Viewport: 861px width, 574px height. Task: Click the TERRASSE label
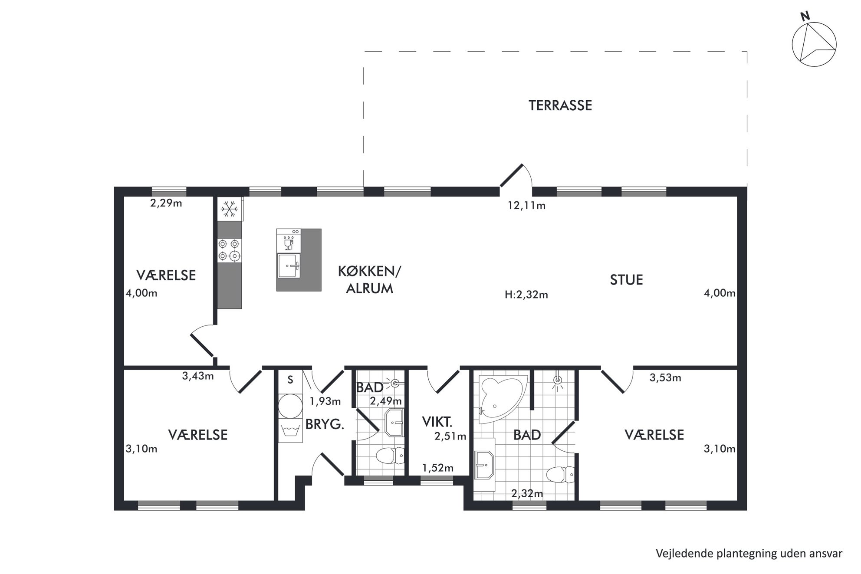pyautogui.click(x=560, y=105)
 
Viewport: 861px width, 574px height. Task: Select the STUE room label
pyautogui.click(x=626, y=280)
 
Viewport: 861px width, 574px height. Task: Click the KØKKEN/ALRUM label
pyautogui.click(x=370, y=280)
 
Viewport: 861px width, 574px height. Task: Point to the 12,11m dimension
pyautogui.click(x=526, y=205)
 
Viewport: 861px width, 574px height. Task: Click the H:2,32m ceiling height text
pyautogui.click(x=526, y=295)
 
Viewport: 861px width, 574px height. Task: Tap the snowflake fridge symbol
pyautogui.click(x=230, y=209)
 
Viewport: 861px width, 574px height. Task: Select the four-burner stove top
pyautogui.click(x=230, y=251)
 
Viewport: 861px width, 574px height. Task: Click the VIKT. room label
pyautogui.click(x=437, y=421)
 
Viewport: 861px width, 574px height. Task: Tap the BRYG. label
pyautogui.click(x=325, y=424)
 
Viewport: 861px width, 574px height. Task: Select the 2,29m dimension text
pyautogui.click(x=166, y=203)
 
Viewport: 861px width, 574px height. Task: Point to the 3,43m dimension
pyautogui.click(x=198, y=376)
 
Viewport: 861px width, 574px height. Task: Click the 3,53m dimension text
pyautogui.click(x=665, y=378)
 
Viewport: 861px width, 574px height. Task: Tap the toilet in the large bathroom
pyautogui.click(x=560, y=475)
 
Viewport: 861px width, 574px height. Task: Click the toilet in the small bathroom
pyautogui.click(x=389, y=456)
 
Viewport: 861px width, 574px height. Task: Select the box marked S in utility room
pyautogui.click(x=290, y=380)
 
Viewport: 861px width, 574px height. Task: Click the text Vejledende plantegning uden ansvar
pyautogui.click(x=749, y=554)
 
